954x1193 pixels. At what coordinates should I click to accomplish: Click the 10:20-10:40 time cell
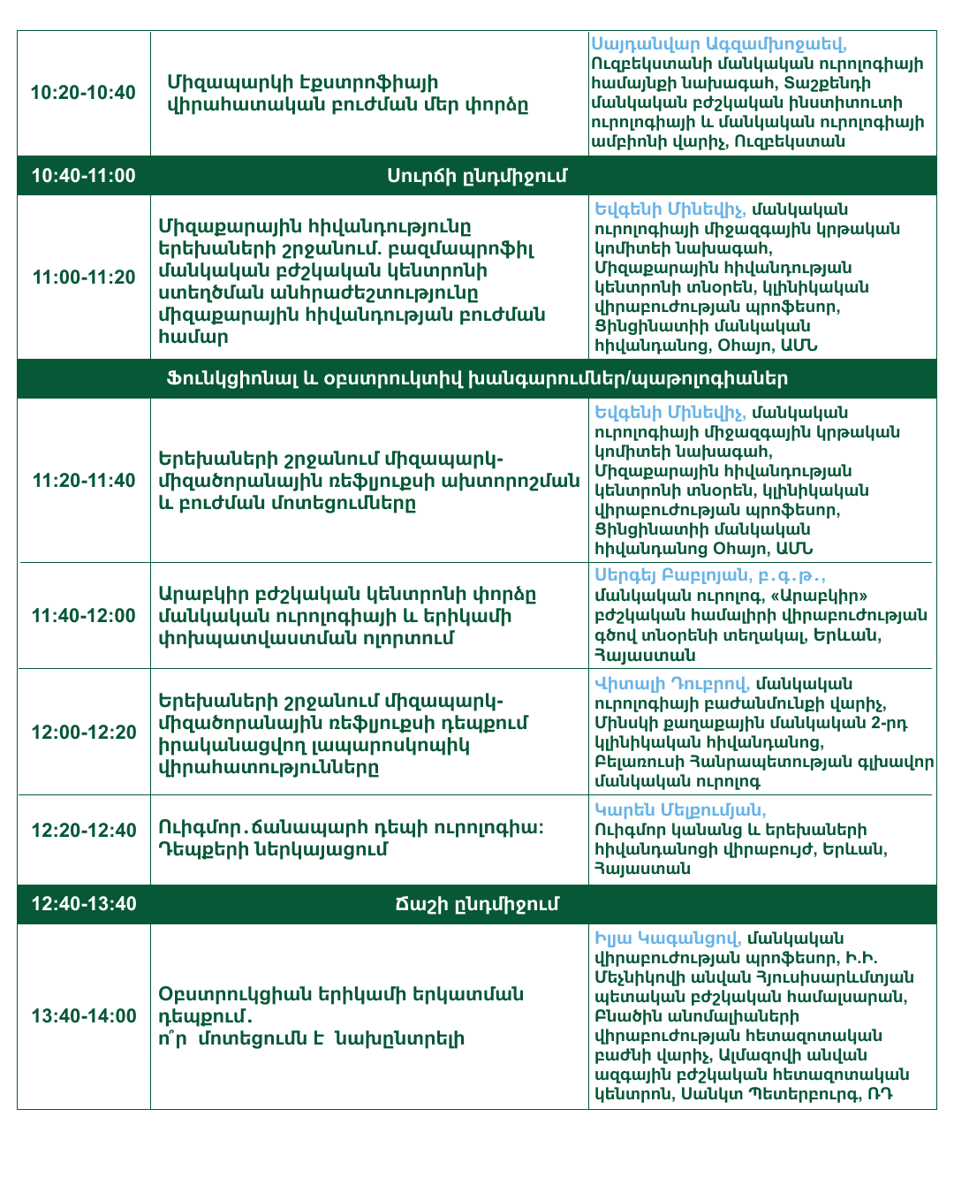point(84,93)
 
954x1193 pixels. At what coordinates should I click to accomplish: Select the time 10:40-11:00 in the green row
point(84,176)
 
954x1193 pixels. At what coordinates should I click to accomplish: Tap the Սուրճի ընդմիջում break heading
point(477,176)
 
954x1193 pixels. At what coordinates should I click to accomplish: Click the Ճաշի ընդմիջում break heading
point(477,904)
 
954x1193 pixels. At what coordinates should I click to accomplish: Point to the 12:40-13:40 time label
point(84,904)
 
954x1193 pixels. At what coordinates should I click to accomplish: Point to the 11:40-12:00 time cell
point(84,616)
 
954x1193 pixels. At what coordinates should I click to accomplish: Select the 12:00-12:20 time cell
point(84,733)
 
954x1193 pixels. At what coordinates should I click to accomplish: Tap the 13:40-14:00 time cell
point(84,1016)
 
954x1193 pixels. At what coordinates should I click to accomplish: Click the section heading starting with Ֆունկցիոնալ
point(477,379)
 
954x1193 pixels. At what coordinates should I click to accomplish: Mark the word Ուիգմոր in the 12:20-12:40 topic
point(201,828)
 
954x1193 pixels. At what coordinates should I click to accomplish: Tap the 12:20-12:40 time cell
point(84,831)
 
